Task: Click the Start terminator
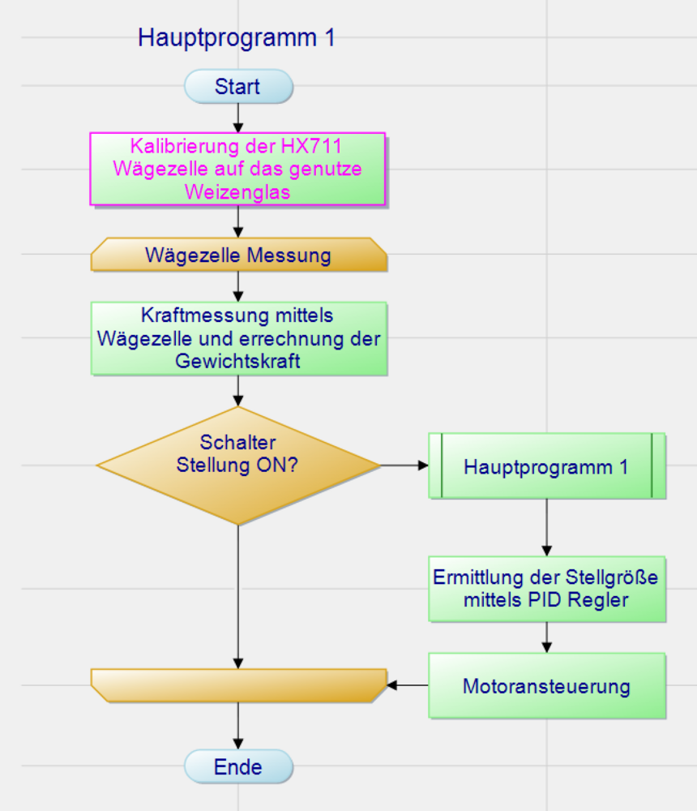click(x=237, y=87)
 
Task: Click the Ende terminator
click(x=237, y=766)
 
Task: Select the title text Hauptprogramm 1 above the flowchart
click(x=236, y=38)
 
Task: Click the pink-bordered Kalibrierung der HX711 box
click(x=237, y=169)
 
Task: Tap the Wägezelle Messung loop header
click(x=238, y=255)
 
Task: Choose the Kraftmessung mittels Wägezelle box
click(x=238, y=338)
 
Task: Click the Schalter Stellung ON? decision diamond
click(x=238, y=466)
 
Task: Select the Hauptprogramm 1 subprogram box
click(x=546, y=466)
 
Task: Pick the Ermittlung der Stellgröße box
click(x=546, y=589)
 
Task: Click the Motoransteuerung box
click(x=546, y=686)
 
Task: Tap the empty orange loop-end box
click(x=238, y=685)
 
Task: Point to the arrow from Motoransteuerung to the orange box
click(x=407, y=685)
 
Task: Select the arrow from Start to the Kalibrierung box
click(x=238, y=118)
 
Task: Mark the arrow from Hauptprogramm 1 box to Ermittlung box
click(x=546, y=527)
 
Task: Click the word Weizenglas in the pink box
click(x=237, y=192)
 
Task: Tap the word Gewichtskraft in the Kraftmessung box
click(x=237, y=361)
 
